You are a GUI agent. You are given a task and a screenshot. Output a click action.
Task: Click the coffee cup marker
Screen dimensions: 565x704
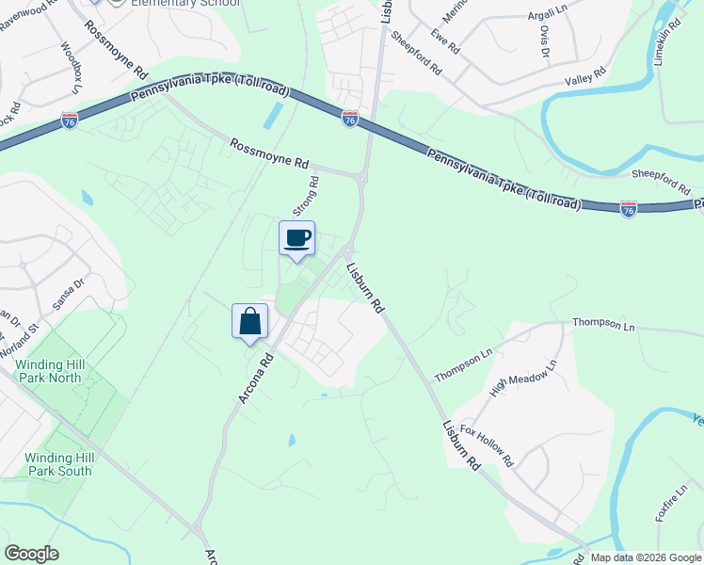(297, 237)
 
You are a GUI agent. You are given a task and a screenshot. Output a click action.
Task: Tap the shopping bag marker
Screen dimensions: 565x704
(250, 321)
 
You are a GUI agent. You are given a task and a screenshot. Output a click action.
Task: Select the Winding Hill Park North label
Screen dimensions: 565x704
(64, 371)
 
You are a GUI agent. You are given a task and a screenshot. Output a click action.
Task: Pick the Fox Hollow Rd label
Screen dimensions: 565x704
(487, 445)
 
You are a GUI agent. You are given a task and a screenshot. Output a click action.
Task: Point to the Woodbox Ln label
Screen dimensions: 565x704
(71, 69)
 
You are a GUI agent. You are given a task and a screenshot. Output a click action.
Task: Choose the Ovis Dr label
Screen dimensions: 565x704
(544, 41)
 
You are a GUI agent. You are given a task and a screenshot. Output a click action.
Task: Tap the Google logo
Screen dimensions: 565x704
(31, 554)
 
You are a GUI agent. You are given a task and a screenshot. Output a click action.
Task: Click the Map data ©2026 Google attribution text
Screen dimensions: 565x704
(647, 557)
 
